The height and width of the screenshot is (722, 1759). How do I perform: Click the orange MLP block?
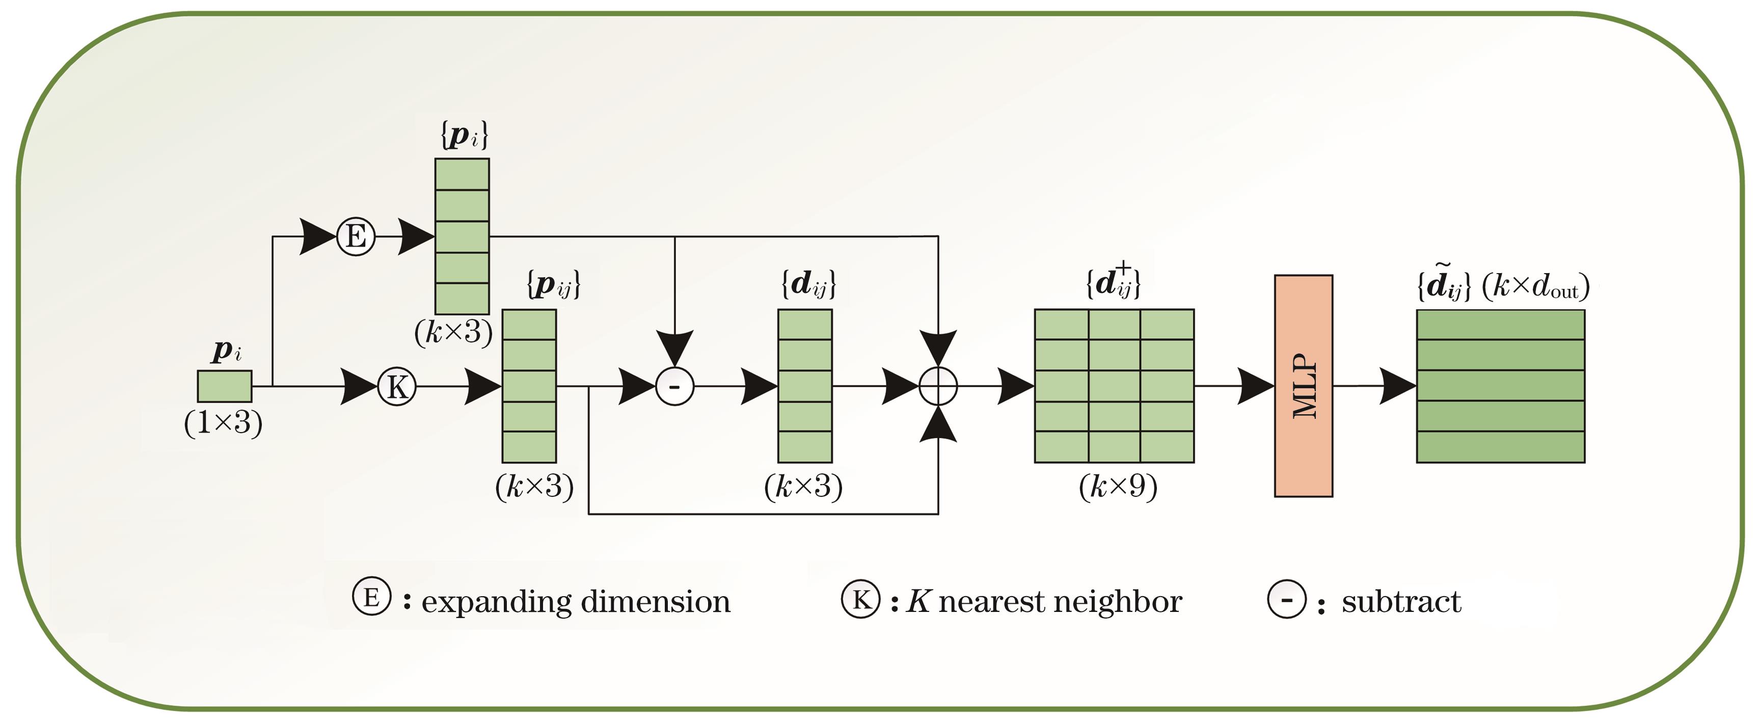tap(1303, 386)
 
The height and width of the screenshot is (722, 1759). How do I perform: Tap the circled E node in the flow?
tap(356, 237)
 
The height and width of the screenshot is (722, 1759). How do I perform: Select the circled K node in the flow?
tap(397, 387)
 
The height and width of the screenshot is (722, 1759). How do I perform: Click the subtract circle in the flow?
tap(674, 387)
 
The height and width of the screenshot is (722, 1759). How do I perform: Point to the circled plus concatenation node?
tap(938, 387)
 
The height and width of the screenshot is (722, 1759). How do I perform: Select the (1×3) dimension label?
tap(223, 423)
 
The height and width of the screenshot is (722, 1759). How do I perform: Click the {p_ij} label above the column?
tap(553, 284)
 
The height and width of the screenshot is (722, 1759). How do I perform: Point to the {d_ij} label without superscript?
tap(808, 284)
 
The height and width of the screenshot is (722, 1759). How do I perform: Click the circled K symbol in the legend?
tap(860, 599)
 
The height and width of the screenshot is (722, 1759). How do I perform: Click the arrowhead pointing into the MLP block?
tap(1255, 387)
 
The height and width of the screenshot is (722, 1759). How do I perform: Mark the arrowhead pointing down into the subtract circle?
tap(674, 347)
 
